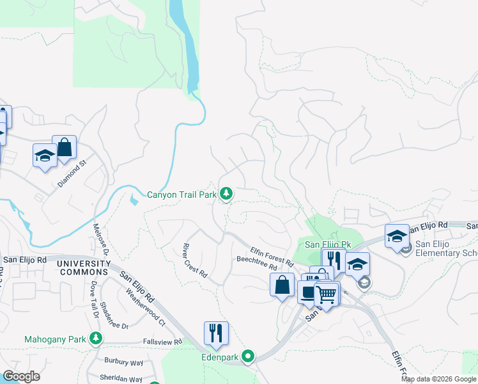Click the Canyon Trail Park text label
(181, 194)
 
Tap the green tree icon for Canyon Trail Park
(226, 193)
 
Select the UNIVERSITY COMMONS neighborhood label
(84, 268)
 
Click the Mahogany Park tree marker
(95, 338)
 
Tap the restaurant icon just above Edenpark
(215, 333)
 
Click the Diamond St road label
(71, 173)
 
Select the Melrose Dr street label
(100, 238)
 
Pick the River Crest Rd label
(195, 260)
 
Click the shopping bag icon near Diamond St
(64, 148)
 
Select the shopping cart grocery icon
(326, 295)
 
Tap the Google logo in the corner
(21, 376)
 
